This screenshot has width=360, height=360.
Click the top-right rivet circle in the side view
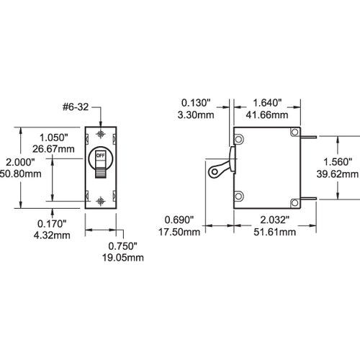point(293,133)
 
